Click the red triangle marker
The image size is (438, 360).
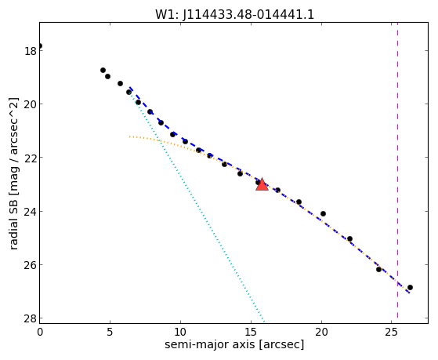click(262, 184)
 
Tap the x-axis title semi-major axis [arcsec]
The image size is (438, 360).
click(234, 344)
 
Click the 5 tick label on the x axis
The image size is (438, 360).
click(110, 332)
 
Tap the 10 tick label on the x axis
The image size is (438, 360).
click(180, 332)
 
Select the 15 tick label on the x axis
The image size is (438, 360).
click(251, 332)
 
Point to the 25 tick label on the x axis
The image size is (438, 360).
click(392, 332)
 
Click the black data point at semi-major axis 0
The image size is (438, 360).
click(40, 45)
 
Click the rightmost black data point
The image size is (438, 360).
click(410, 288)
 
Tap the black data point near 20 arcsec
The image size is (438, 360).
click(323, 213)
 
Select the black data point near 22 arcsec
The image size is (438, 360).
click(349, 239)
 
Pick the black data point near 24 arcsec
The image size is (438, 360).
click(378, 269)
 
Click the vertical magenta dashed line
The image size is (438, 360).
click(397, 173)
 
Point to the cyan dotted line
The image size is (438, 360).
click(197, 204)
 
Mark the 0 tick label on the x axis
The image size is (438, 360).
click(40, 332)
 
